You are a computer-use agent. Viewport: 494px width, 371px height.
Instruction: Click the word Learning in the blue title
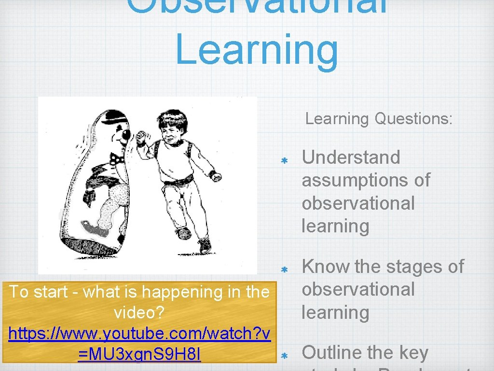pyautogui.click(x=256, y=50)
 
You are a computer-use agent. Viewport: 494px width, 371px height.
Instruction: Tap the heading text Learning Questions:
pyautogui.click(x=379, y=118)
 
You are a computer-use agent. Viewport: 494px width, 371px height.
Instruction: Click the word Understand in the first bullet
pyautogui.click(x=351, y=157)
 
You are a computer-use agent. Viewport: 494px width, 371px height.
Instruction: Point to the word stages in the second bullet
pyautogui.click(x=400, y=266)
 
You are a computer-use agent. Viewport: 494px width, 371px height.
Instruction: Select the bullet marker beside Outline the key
pyautogui.click(x=284, y=356)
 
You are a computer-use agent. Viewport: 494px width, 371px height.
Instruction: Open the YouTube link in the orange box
pyautogui.click(x=139, y=344)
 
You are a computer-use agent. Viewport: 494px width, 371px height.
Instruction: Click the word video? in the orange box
pyautogui.click(x=139, y=313)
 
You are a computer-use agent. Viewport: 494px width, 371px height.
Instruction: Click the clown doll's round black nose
pyautogui.click(x=125, y=138)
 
